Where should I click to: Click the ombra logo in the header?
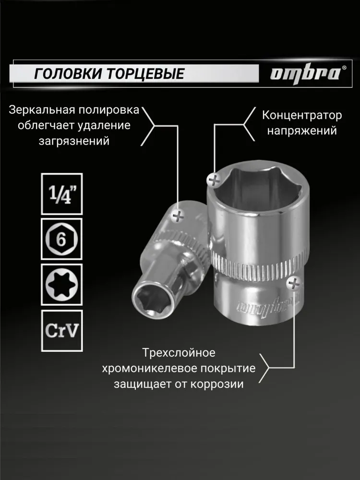(306, 73)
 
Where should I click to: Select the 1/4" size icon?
(61, 193)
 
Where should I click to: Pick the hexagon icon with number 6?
(61, 239)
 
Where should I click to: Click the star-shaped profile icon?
(61, 284)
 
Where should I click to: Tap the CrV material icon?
(61, 330)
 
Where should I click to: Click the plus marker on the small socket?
(179, 216)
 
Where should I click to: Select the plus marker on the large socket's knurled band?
(292, 284)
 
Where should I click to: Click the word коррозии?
(221, 384)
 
